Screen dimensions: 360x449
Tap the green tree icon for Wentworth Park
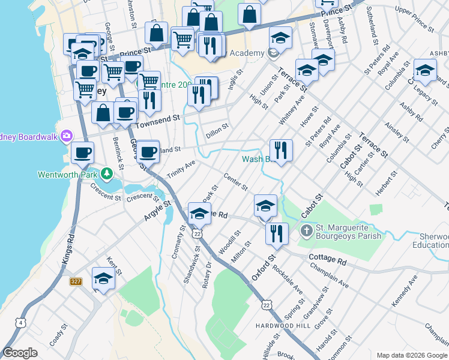107,174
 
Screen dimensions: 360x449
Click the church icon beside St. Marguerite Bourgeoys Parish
306,230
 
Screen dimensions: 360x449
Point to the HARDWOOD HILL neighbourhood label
295,326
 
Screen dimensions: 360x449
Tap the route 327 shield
75,281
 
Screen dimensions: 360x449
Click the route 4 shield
22,323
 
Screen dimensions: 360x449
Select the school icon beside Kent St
103,278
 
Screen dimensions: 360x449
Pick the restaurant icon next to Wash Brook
281,148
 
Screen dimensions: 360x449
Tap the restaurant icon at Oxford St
276,232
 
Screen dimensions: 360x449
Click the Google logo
20,353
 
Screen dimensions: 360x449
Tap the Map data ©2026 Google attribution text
411,355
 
